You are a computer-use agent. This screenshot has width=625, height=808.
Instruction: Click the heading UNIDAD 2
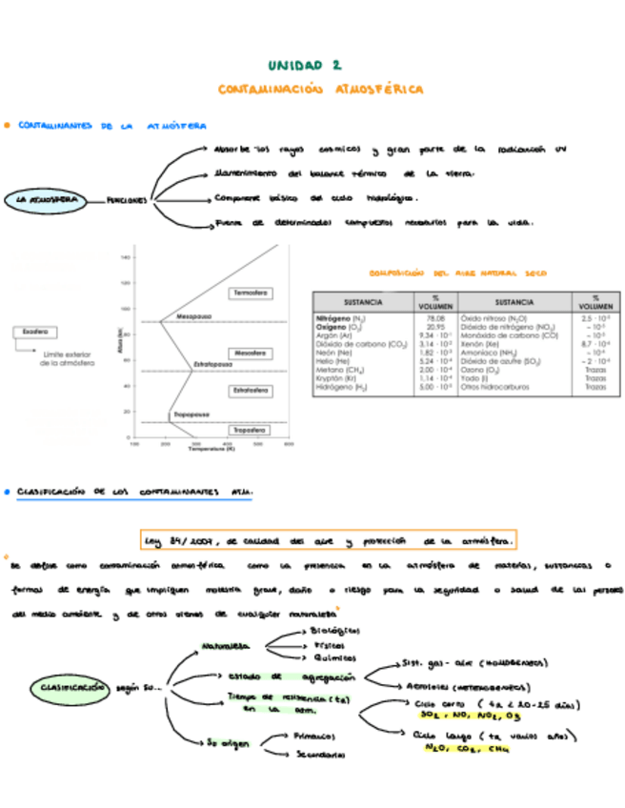coord(304,65)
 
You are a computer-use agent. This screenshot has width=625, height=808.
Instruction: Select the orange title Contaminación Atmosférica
coord(320,89)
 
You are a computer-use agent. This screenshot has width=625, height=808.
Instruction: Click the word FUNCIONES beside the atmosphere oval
coord(127,200)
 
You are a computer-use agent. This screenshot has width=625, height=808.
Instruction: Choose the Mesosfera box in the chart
coord(250,351)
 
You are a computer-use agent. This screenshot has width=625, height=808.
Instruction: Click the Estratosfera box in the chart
coord(251,390)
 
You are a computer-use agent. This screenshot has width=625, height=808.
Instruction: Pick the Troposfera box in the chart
coord(251,430)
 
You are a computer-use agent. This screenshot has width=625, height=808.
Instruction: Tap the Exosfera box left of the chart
coord(33,333)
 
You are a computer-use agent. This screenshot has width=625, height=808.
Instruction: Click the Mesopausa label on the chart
coord(193,316)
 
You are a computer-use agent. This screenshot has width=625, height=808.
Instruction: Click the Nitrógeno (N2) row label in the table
coord(341,317)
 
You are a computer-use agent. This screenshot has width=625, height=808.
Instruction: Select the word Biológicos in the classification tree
coord(333,631)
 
